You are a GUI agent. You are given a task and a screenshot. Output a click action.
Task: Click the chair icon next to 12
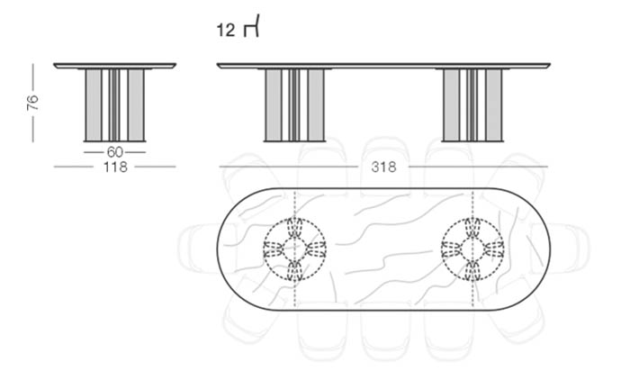point(251,26)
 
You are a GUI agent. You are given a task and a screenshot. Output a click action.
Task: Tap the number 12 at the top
point(225,30)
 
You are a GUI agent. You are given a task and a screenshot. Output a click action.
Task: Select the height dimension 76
point(32,103)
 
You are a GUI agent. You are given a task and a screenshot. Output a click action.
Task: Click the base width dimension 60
point(114,152)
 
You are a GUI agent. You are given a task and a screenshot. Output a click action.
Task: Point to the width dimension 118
point(115,167)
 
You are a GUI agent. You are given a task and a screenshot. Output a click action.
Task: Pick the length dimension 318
point(383,167)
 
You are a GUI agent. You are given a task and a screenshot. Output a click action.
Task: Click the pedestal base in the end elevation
point(114,105)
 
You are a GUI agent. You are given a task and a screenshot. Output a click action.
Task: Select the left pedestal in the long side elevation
point(294,105)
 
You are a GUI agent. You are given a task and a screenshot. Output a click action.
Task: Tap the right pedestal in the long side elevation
point(472,105)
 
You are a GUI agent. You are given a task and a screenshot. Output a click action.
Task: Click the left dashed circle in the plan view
point(295,219)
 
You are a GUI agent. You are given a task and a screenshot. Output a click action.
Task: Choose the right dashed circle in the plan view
point(472,219)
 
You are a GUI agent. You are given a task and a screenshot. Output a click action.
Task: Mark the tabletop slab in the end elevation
point(114,66)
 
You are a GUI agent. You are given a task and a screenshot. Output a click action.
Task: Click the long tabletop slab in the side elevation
point(383,66)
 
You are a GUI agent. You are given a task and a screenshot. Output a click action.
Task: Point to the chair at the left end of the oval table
point(198,249)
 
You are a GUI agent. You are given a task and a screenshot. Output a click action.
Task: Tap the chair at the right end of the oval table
point(570,249)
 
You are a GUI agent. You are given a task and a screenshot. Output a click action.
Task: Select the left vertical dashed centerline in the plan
point(295,249)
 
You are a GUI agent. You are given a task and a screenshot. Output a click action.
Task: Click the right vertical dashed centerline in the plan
point(472,249)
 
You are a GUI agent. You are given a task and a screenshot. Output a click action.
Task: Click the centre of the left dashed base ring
point(295,249)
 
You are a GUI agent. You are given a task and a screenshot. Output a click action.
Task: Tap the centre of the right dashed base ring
point(472,249)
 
